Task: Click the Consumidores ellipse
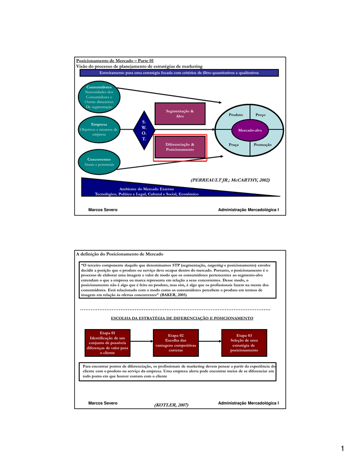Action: (99, 97)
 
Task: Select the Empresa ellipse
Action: (99, 129)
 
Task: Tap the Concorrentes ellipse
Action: (99, 162)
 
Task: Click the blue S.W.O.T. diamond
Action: (144, 130)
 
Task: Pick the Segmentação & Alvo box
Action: (180, 113)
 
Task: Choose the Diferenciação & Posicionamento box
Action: (180, 147)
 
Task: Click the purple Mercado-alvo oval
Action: (250, 130)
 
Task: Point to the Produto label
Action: (236, 115)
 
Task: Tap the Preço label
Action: (260, 115)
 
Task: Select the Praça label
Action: (233, 145)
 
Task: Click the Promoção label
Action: (263, 145)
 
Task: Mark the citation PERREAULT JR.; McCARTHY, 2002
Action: (230, 180)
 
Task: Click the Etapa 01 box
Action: (107, 343)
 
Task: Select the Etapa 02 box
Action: (176, 343)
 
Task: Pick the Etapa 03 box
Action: (244, 343)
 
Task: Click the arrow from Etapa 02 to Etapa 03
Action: (210, 341)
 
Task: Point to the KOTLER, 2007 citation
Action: (171, 405)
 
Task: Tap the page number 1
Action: (342, 448)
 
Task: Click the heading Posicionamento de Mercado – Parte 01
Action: (115, 61)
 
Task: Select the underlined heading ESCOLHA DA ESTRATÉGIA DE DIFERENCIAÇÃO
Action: (182, 318)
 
